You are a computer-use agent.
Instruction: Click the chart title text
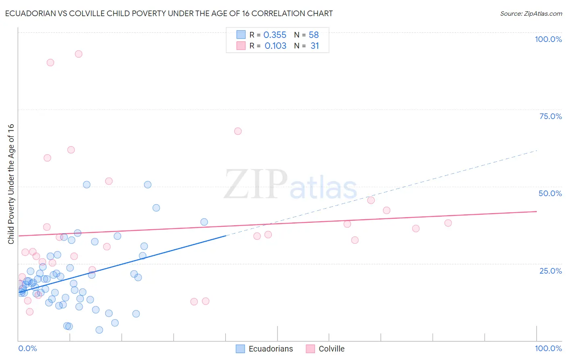pos(169,13)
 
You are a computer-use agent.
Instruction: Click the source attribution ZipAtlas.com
pos(531,13)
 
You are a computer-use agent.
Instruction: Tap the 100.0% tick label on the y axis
pos(548,39)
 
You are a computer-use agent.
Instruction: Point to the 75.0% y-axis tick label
pos(550,116)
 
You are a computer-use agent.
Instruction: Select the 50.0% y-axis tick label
pos(550,193)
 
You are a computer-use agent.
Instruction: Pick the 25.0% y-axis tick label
pos(550,270)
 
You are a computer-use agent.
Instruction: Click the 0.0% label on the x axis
pos(27,348)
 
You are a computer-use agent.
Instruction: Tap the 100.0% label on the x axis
pos(548,348)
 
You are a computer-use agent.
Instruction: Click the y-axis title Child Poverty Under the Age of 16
pos(11,184)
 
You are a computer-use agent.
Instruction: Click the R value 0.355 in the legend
pos(275,35)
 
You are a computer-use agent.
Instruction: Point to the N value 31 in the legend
pos(315,46)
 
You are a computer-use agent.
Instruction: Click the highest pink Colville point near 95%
pos(79,54)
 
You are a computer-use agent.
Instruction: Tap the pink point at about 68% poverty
pos(238,131)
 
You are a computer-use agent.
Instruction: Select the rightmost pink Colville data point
pos(448,223)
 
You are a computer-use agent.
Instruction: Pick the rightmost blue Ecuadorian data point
pos(204,222)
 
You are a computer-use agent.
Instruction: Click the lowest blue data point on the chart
pos(99,330)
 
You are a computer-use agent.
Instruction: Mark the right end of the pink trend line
pos(536,211)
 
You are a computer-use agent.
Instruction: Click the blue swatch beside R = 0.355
pos(241,35)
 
